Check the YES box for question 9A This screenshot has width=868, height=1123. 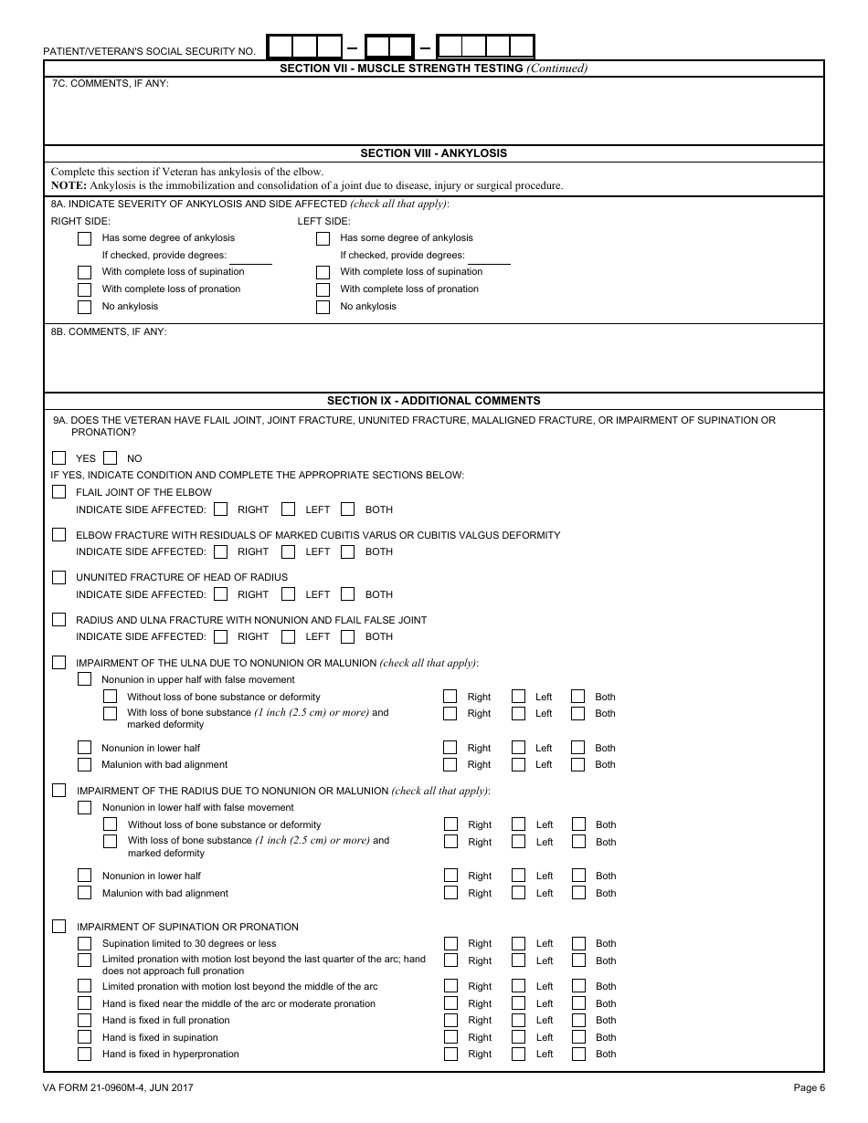(x=59, y=458)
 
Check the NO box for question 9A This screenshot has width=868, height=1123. (x=111, y=458)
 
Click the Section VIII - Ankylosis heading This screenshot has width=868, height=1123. (x=433, y=153)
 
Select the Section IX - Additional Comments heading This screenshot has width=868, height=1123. (x=433, y=401)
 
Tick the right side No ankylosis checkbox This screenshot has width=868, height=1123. (x=85, y=307)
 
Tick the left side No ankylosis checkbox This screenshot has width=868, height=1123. (x=323, y=307)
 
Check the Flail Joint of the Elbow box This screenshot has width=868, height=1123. (x=59, y=492)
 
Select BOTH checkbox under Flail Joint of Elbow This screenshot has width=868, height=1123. (x=348, y=509)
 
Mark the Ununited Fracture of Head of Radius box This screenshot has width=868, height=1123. (x=59, y=577)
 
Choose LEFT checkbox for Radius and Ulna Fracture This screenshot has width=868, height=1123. (x=289, y=636)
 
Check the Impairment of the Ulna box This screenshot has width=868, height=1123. (x=59, y=663)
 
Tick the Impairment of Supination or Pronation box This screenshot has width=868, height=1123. (x=59, y=927)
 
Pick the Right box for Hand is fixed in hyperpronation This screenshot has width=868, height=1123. (x=450, y=1054)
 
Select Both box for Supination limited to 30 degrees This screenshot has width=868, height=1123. (x=578, y=943)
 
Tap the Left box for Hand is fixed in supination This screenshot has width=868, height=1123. (x=518, y=1037)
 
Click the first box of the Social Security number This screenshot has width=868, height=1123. (x=281, y=47)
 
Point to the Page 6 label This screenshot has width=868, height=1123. (x=809, y=1087)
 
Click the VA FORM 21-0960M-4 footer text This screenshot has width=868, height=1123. (x=118, y=1087)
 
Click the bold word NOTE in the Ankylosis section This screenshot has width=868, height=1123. (x=68, y=185)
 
